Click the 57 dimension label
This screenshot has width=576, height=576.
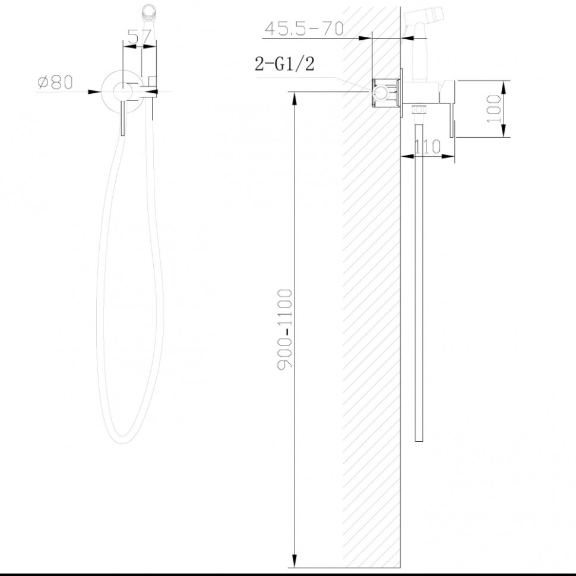pos(140,37)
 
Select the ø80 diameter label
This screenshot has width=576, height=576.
pos(55,83)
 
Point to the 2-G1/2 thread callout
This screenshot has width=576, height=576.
pos(284,65)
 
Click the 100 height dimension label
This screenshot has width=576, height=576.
pos(493,109)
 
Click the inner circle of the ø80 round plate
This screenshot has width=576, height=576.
pos(123,91)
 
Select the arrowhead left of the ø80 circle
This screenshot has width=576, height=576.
pos(95,91)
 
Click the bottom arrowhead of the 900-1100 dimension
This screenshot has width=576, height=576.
pos(296,561)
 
